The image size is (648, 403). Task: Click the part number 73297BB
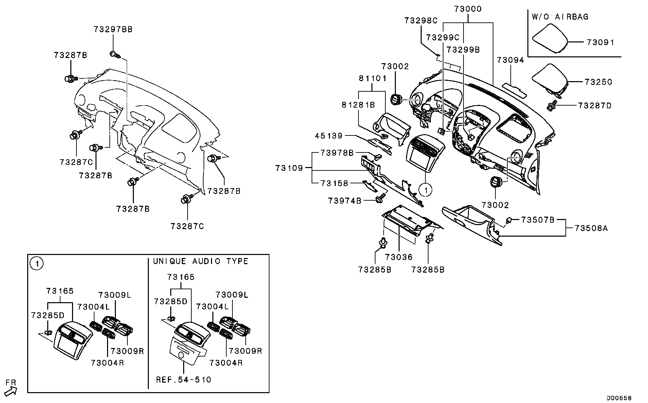(113, 30)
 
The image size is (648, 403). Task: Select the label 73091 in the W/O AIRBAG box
(600, 42)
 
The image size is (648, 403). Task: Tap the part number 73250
(598, 82)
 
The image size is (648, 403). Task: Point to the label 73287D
(595, 106)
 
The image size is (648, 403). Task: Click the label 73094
(510, 60)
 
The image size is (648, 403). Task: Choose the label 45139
(329, 136)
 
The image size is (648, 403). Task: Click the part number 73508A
(591, 228)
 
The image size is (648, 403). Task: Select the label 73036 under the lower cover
(399, 257)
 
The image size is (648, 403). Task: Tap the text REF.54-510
(183, 380)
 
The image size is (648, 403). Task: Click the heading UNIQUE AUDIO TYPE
(200, 261)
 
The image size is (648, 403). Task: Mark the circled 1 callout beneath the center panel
(425, 190)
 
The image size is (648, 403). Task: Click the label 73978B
(337, 153)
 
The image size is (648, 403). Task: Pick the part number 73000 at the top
(468, 9)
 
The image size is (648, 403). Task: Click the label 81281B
(358, 105)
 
